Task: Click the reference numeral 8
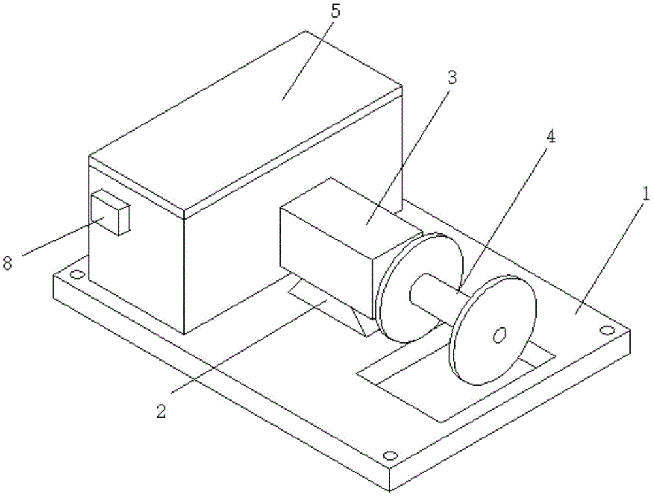tap(8, 263)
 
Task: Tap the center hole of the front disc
tap(500, 335)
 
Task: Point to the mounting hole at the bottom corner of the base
tap(390, 455)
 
